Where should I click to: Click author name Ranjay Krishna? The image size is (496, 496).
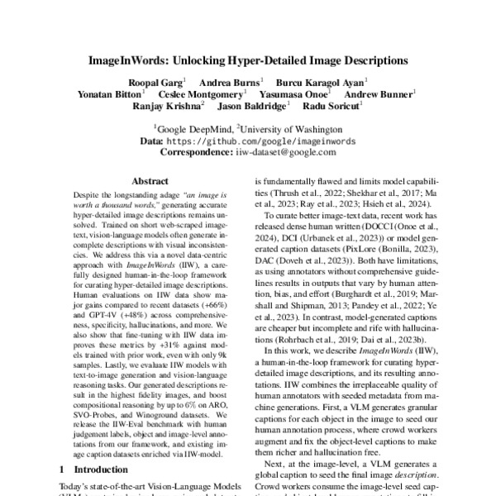click(x=167, y=106)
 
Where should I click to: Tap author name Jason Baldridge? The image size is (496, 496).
click(x=252, y=106)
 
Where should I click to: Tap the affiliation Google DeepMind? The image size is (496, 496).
click(x=194, y=130)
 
